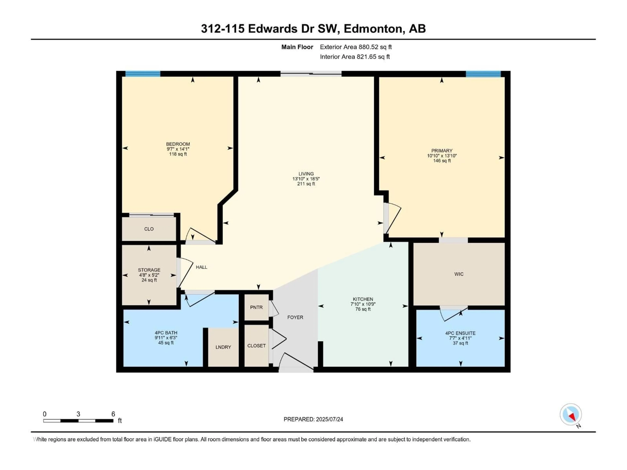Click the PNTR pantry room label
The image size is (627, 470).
tap(256, 307)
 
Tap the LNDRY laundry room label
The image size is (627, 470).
tap(223, 347)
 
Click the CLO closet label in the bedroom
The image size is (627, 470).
tap(149, 229)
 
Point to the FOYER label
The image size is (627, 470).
tap(295, 317)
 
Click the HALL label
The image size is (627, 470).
tap(201, 267)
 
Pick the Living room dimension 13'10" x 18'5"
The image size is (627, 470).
tap(306, 179)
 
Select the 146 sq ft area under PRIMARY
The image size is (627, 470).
tap(442, 161)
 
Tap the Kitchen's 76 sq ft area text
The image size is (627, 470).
tap(363, 309)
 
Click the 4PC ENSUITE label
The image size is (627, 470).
tap(460, 333)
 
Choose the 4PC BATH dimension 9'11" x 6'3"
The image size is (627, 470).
tap(166, 338)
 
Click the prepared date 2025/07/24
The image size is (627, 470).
tap(329, 419)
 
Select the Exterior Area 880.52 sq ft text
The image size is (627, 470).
tap(356, 47)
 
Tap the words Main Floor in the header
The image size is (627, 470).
tap(297, 47)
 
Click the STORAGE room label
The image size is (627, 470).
tap(149, 270)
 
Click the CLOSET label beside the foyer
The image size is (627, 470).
tap(256, 346)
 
